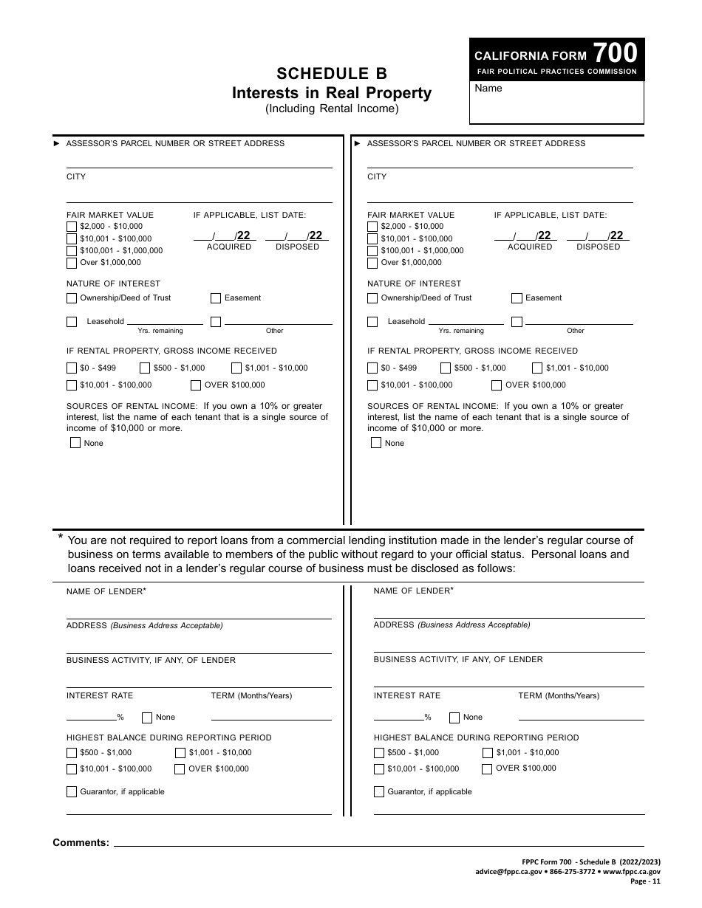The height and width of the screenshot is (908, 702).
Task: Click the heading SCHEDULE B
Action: pyautogui.click(x=332, y=73)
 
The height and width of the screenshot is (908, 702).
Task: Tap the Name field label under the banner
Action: pyautogui.click(x=488, y=89)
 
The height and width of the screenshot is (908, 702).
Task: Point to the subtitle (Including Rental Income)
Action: pyautogui.click(x=332, y=109)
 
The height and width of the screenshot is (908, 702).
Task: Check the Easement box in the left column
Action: pyautogui.click(x=216, y=298)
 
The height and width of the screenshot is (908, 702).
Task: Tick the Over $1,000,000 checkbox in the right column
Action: pyautogui.click(x=372, y=263)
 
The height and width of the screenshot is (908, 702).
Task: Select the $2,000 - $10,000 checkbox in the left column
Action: pyautogui.click(x=72, y=227)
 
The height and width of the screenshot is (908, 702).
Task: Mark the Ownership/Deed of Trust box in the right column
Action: pyautogui.click(x=372, y=298)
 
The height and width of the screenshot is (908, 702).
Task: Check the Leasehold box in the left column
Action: pyautogui.click(x=72, y=322)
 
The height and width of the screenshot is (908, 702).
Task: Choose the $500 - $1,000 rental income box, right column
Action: pyautogui.click(x=446, y=368)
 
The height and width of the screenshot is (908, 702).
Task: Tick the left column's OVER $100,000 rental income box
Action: pyautogui.click(x=196, y=385)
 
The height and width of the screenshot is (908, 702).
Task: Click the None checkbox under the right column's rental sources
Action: pyautogui.click(x=376, y=443)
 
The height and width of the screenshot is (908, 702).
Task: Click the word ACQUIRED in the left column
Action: pyautogui.click(x=229, y=247)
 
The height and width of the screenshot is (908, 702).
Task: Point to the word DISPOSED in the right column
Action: pyautogui.click(x=598, y=247)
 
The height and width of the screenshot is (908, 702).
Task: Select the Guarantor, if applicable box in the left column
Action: pyautogui.click(x=72, y=792)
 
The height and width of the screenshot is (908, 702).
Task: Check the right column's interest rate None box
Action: pyautogui.click(x=454, y=717)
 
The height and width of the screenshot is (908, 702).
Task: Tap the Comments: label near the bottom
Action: pyautogui.click(x=81, y=842)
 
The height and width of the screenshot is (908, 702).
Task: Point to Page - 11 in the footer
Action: pyautogui.click(x=645, y=881)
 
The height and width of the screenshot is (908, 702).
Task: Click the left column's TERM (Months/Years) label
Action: pyautogui.click(x=251, y=695)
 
